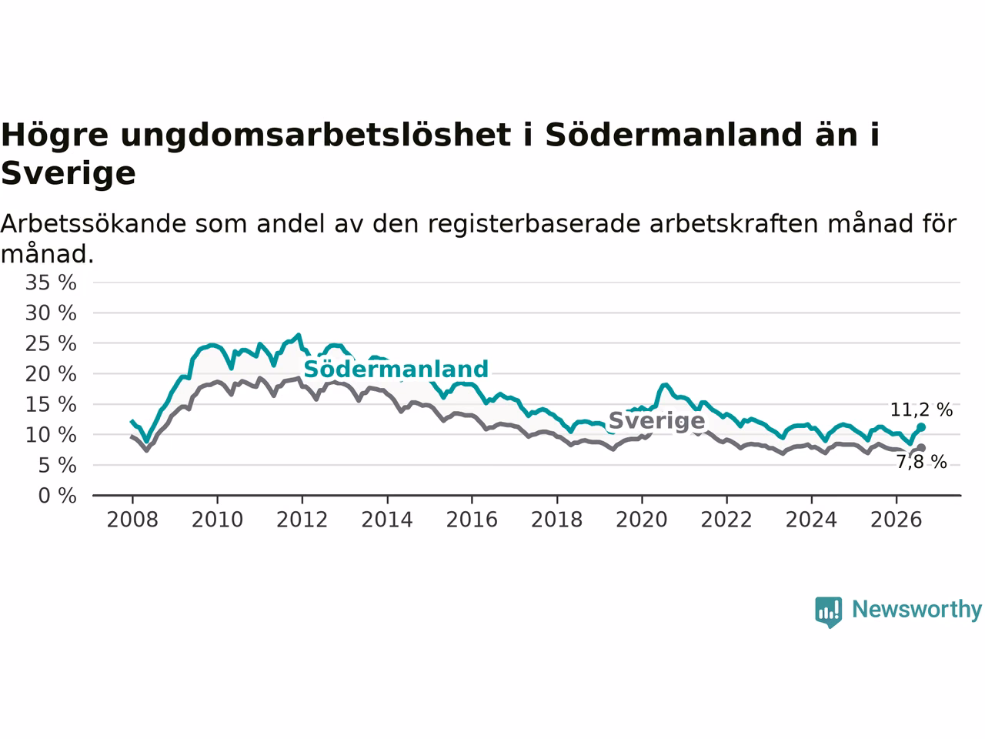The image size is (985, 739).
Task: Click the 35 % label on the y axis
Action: (x=51, y=283)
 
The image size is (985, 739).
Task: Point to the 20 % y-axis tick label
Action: (x=51, y=374)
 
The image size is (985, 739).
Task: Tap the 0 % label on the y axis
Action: (x=58, y=496)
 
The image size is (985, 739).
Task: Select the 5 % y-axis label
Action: (x=58, y=465)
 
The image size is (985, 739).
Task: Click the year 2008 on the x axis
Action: (x=132, y=520)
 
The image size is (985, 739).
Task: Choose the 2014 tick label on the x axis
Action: (x=387, y=520)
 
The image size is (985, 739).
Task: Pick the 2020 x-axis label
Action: (x=642, y=520)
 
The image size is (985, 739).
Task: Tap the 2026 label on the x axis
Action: (x=897, y=520)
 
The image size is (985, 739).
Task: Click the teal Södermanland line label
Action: (x=396, y=369)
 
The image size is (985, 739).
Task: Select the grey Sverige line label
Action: (x=656, y=421)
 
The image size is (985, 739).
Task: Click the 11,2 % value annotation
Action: (x=921, y=410)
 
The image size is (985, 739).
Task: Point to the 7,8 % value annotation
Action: (x=922, y=462)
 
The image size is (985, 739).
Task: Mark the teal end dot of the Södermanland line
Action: (x=921, y=426)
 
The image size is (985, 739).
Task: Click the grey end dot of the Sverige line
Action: (x=921, y=448)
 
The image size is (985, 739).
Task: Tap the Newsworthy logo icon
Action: (x=828, y=612)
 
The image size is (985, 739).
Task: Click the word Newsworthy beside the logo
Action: (x=917, y=610)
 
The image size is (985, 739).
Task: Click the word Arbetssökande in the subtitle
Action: (x=93, y=223)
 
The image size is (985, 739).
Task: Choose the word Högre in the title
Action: (x=55, y=135)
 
